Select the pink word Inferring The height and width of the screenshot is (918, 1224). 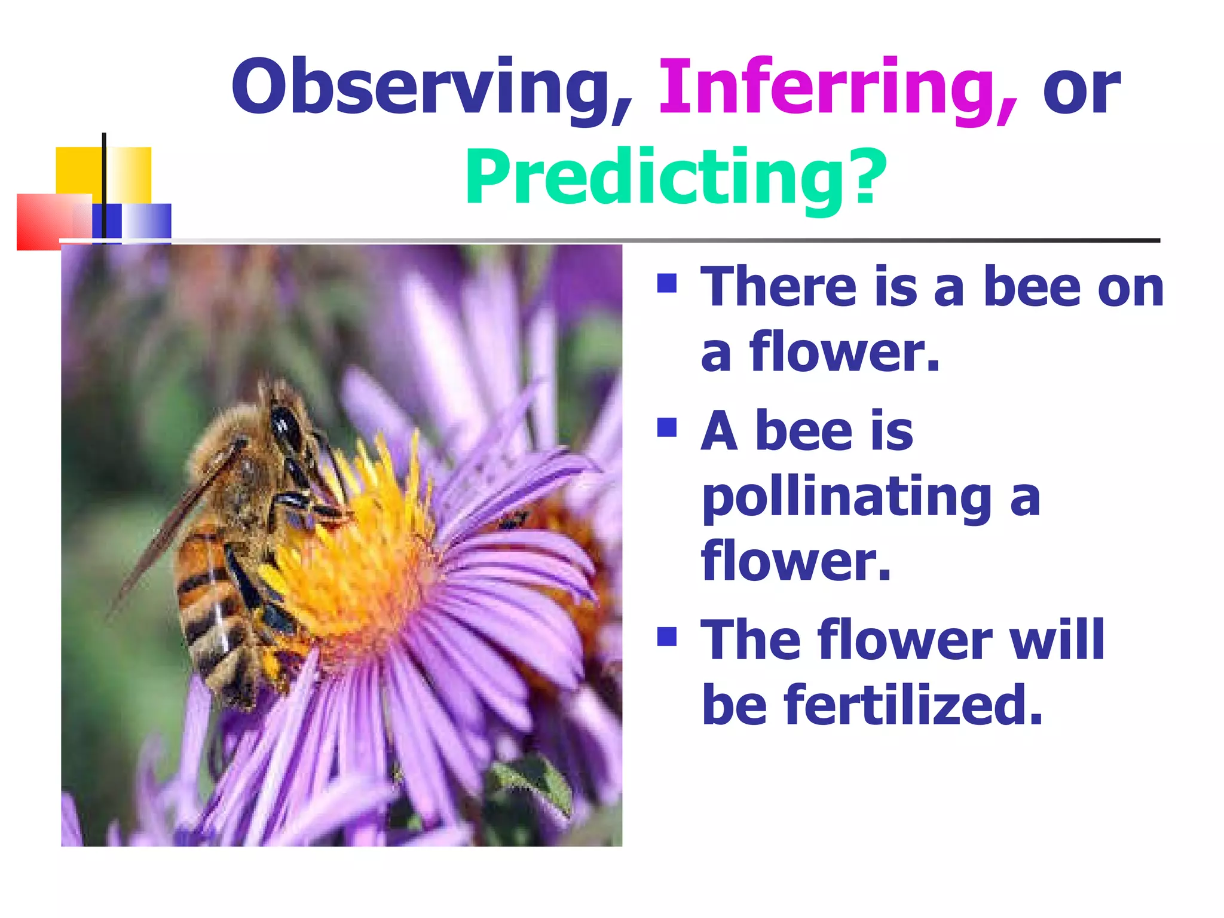(837, 90)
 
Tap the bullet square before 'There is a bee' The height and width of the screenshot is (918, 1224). (666, 283)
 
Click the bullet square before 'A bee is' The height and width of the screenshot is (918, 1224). (666, 427)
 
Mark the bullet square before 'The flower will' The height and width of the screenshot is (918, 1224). (666, 637)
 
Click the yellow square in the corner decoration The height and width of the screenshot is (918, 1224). (81, 170)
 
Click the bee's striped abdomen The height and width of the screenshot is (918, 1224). (209, 604)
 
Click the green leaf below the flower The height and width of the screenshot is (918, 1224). (532, 783)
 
